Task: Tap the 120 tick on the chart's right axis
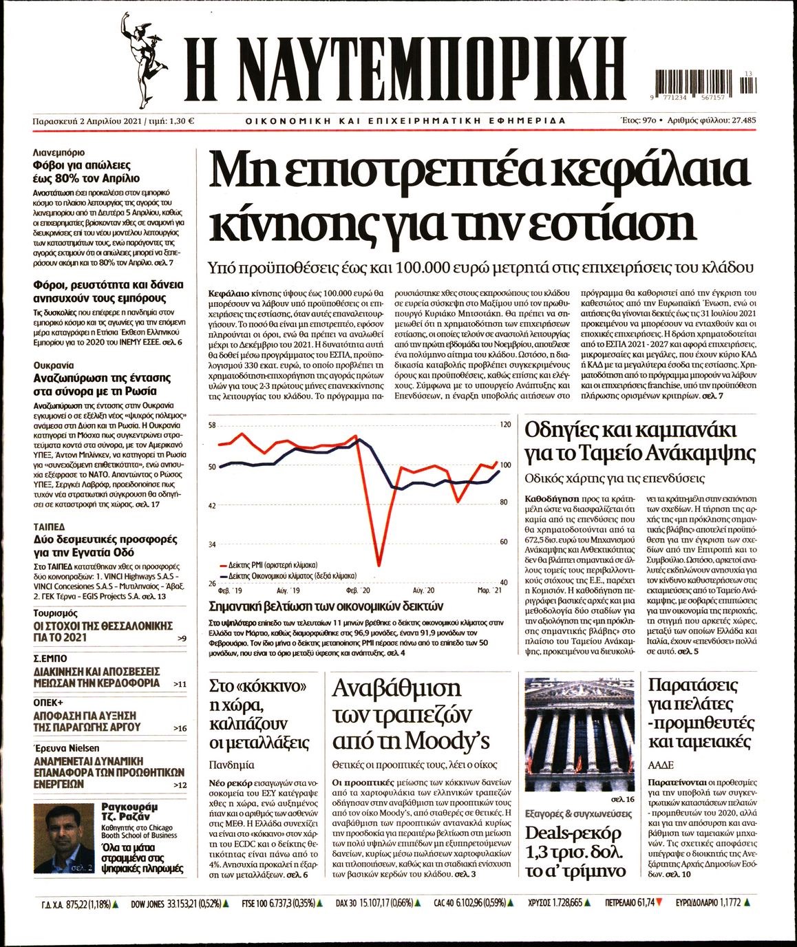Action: click(504, 425)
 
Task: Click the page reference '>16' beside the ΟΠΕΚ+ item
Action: click(180, 728)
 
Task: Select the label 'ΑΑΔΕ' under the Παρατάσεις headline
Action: click(661, 765)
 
